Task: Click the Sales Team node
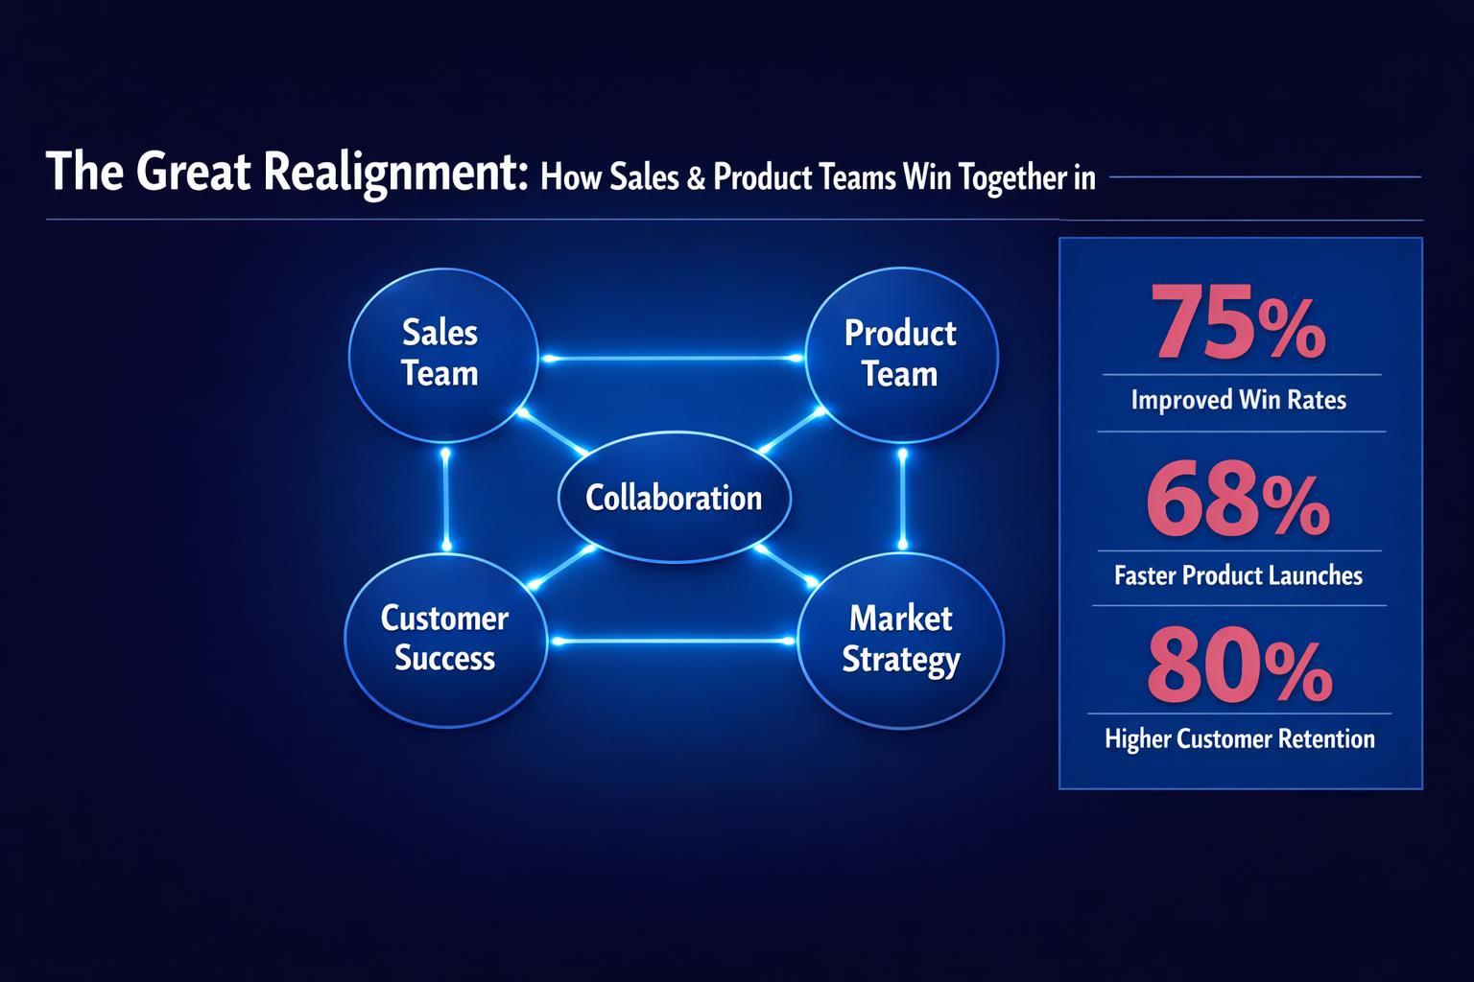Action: coord(442,354)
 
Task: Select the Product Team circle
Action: coord(900,354)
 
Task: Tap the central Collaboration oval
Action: coord(674,498)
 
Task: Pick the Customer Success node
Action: coord(444,639)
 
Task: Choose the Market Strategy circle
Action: coord(900,639)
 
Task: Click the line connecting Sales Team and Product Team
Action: coord(672,359)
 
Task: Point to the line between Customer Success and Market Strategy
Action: coord(672,640)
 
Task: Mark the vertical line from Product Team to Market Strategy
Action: coord(902,499)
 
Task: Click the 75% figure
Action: coord(1239,326)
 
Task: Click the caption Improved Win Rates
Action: coord(1238,399)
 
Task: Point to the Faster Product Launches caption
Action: coord(1238,575)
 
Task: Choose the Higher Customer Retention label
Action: coord(1239,738)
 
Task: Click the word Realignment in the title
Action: coord(393,174)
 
